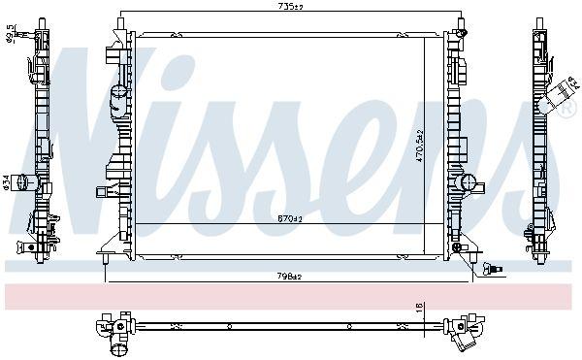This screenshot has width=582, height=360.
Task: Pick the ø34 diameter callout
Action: (6, 181)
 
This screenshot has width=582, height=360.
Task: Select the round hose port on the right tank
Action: (469, 181)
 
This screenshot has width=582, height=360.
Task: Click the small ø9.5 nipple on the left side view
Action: (30, 39)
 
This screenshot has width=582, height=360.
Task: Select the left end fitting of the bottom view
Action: (115, 327)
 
